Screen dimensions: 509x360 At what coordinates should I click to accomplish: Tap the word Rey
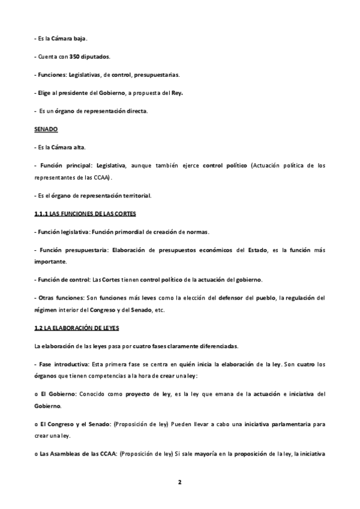click(x=177, y=93)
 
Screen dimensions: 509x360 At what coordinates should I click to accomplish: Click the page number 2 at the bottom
click(x=179, y=481)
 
